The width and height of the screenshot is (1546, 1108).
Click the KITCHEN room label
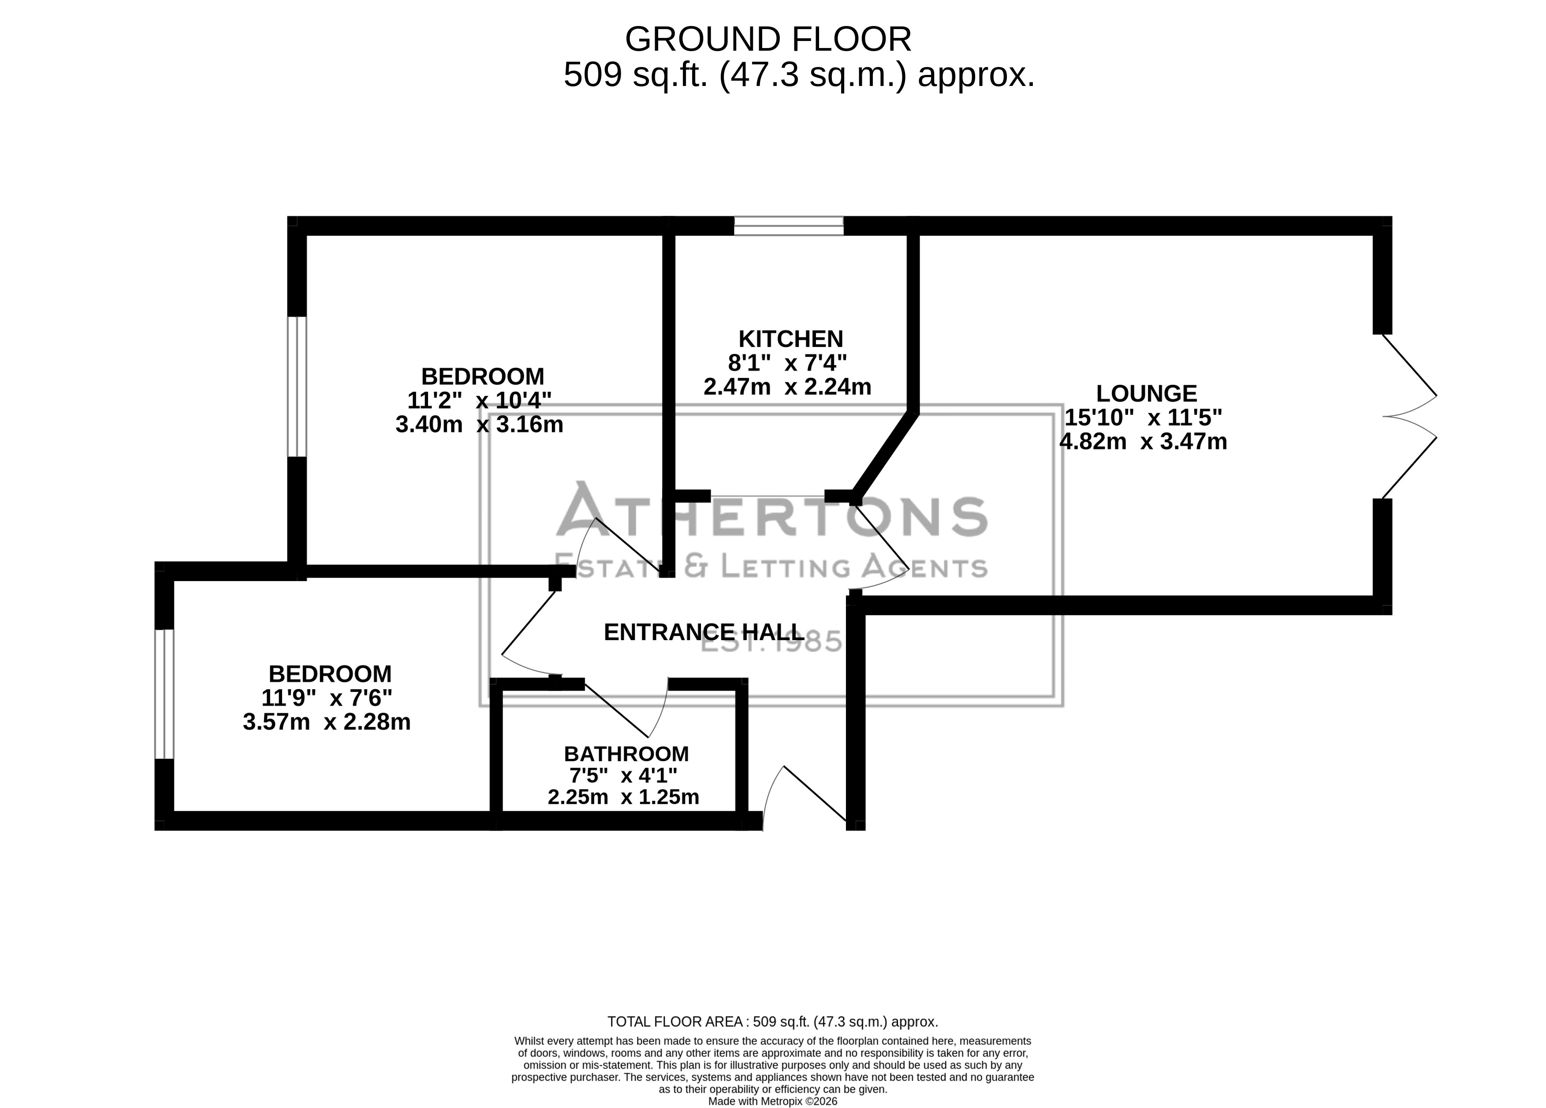click(x=791, y=339)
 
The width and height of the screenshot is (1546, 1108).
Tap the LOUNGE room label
click(x=1147, y=393)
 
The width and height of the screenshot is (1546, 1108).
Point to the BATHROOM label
click(x=626, y=754)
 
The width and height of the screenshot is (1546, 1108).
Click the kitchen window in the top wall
click(x=789, y=226)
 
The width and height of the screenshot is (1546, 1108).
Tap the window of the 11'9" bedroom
click(x=164, y=694)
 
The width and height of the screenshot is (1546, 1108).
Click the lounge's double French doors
click(x=1409, y=416)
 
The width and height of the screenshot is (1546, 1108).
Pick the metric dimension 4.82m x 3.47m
click(x=1143, y=441)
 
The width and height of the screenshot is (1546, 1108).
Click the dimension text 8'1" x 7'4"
click(x=787, y=363)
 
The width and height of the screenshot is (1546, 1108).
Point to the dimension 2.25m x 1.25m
click(x=623, y=796)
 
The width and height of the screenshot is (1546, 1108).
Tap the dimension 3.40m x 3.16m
click(x=479, y=424)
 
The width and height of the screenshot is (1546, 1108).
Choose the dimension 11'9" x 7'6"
click(x=327, y=698)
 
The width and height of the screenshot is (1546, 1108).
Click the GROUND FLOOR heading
click(x=768, y=39)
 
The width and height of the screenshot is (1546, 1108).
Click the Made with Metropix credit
click(x=773, y=1101)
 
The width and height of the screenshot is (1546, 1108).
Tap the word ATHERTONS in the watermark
click(x=771, y=510)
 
